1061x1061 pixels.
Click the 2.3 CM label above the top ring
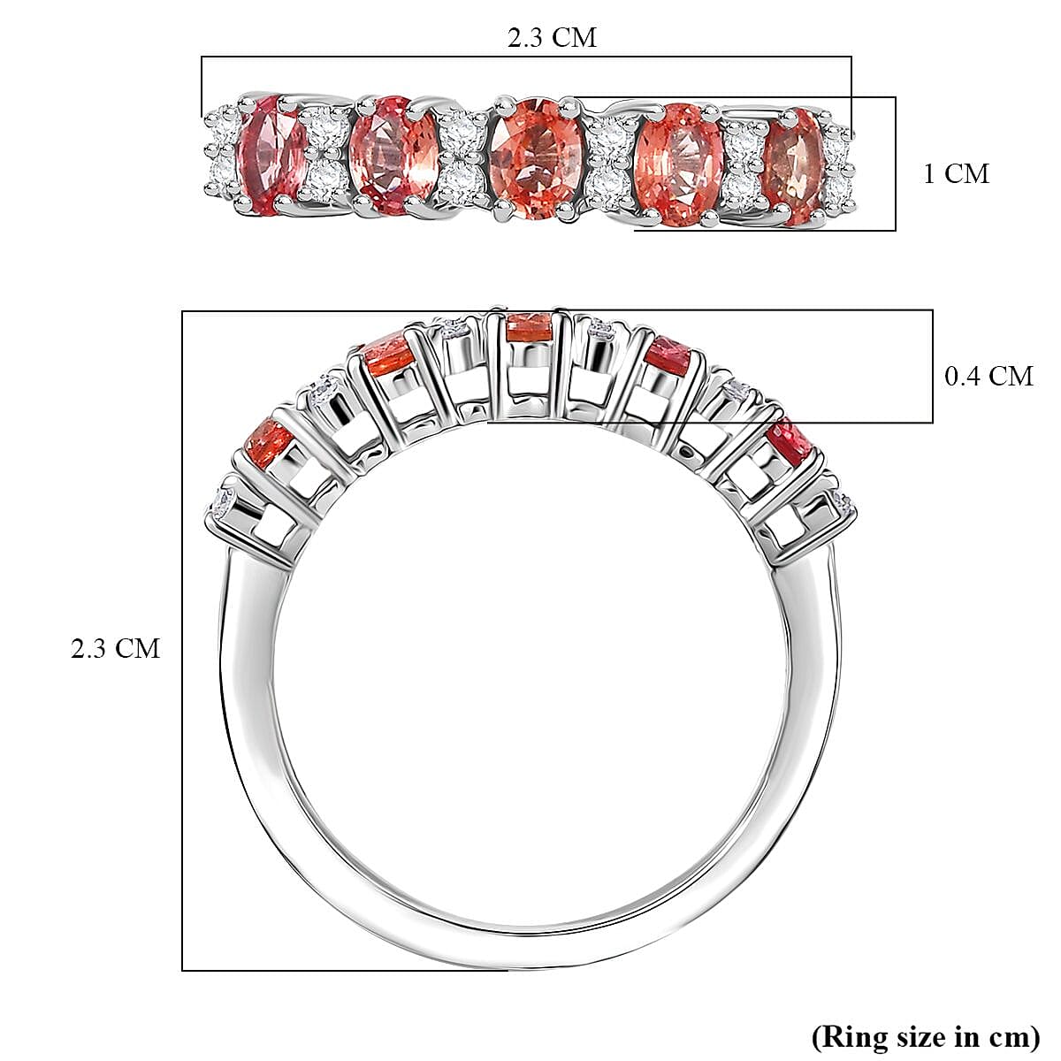coord(551,37)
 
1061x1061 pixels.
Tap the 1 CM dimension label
coord(955,173)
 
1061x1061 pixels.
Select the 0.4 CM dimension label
coord(988,376)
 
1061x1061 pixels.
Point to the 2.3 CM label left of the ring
coord(115,648)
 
